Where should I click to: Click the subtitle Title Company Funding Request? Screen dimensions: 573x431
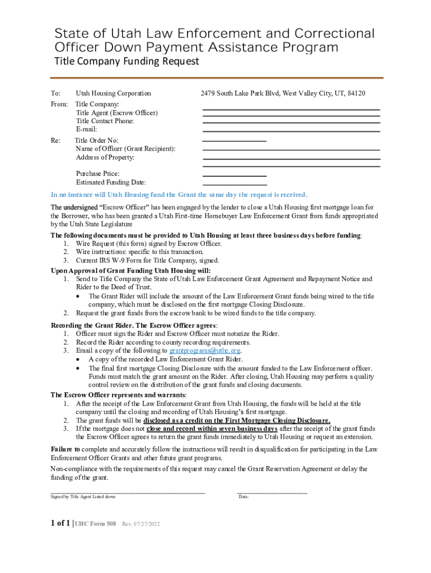click(126, 62)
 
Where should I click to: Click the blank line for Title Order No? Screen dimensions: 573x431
click(234, 140)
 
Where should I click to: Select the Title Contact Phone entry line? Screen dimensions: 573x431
click(291, 123)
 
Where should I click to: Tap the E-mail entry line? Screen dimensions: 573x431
click(291, 131)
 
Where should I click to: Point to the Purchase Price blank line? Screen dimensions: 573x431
click(234, 176)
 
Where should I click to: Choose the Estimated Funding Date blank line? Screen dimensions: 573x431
click(234, 184)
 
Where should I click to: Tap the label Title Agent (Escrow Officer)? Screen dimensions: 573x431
click(116, 112)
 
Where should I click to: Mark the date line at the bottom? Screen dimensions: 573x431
click(272, 492)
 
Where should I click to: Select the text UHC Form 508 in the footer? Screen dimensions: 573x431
click(96, 524)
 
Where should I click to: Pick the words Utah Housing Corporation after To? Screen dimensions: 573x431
click(113, 93)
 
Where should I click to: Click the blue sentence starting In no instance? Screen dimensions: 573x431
click(179, 195)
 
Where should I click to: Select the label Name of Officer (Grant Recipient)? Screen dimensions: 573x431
click(125, 149)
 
